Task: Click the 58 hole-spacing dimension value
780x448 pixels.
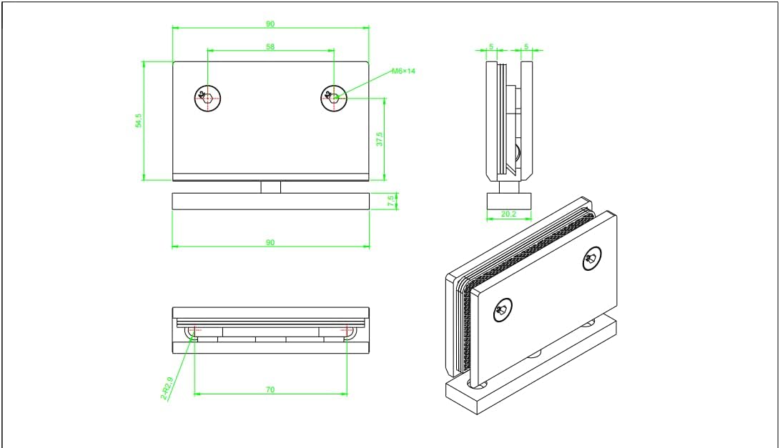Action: pyautogui.click(x=270, y=46)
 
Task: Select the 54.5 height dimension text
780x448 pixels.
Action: pyautogui.click(x=139, y=121)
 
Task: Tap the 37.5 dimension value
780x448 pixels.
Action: pyautogui.click(x=380, y=139)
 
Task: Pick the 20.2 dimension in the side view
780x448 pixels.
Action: pyautogui.click(x=509, y=213)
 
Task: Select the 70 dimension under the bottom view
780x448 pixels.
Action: pyautogui.click(x=270, y=390)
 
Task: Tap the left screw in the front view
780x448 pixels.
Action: pyautogui.click(x=207, y=98)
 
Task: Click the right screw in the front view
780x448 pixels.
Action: pyautogui.click(x=334, y=98)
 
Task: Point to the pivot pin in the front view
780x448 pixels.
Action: pyautogui.click(x=270, y=187)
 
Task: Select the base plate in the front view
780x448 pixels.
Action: pyautogui.click(x=270, y=201)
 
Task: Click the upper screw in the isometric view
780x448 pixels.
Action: pyautogui.click(x=592, y=259)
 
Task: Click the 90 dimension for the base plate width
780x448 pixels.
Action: pyautogui.click(x=270, y=243)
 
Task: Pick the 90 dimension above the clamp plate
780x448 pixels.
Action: pyautogui.click(x=270, y=24)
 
